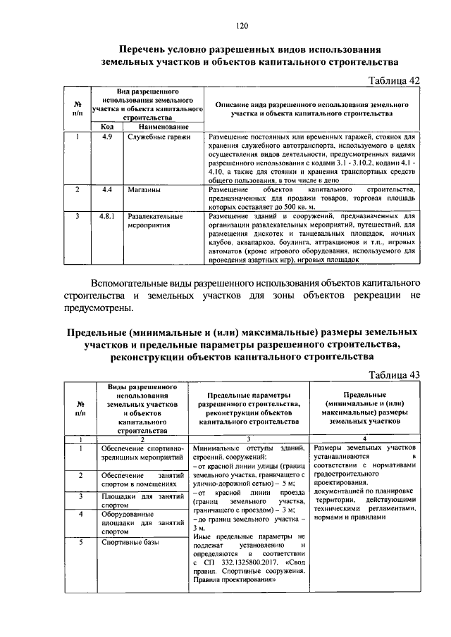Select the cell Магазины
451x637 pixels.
point(144,190)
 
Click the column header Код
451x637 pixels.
point(108,126)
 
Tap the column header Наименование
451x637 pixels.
point(162,126)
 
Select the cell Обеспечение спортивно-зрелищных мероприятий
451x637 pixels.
point(142,452)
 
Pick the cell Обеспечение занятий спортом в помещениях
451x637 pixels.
point(142,481)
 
